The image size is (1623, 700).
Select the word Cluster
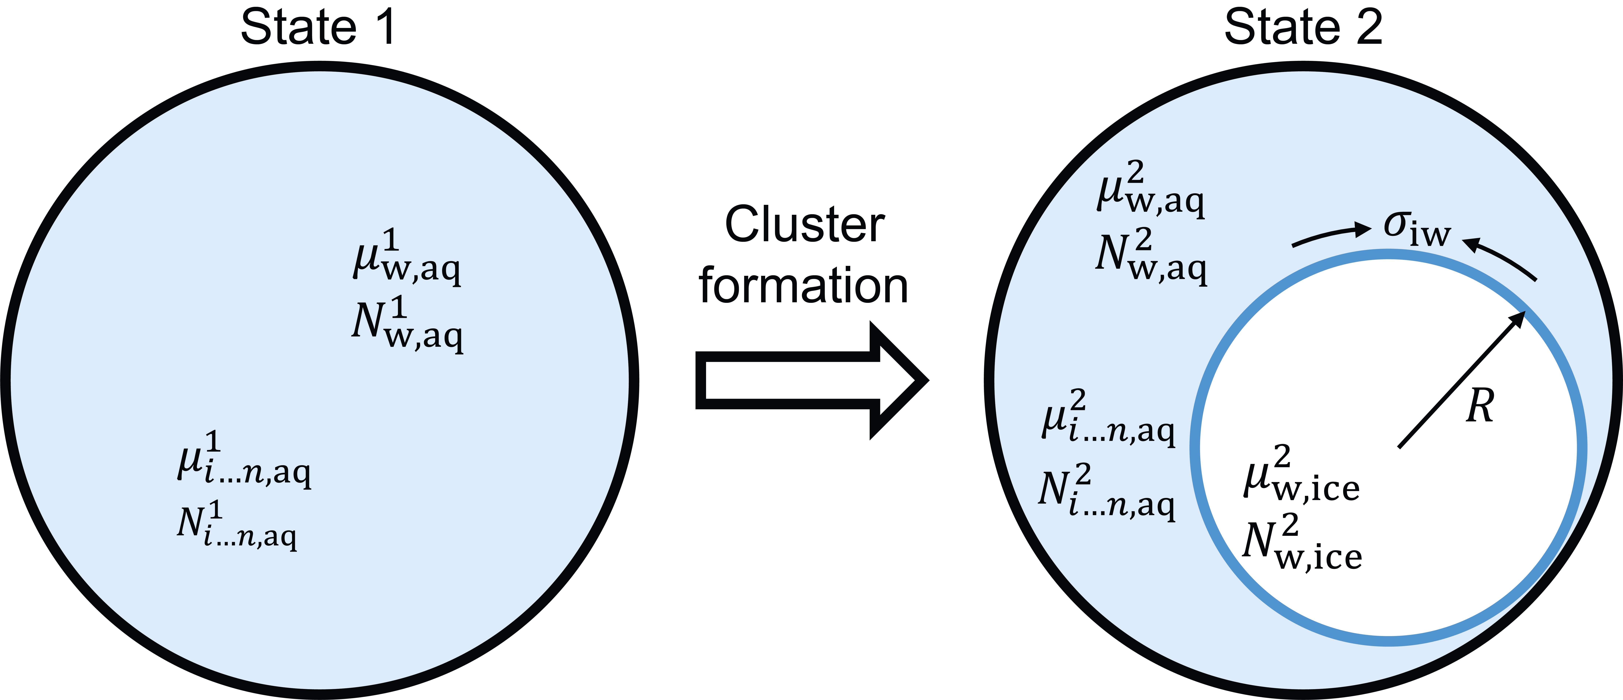pos(805,225)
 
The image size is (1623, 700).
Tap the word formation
pos(803,285)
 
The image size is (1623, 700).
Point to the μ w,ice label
pos(1301,476)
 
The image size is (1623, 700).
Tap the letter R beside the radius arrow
pos(1479,406)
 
